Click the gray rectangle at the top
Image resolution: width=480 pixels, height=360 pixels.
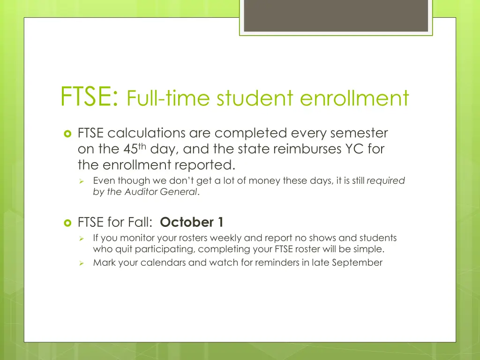pos(336,16)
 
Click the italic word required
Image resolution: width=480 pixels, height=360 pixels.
pos(386,180)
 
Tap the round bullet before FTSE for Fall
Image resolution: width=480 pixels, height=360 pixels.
pos(67,222)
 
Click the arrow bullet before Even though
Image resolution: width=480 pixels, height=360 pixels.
pos(81,181)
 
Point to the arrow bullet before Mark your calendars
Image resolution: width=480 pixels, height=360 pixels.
pos(81,263)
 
